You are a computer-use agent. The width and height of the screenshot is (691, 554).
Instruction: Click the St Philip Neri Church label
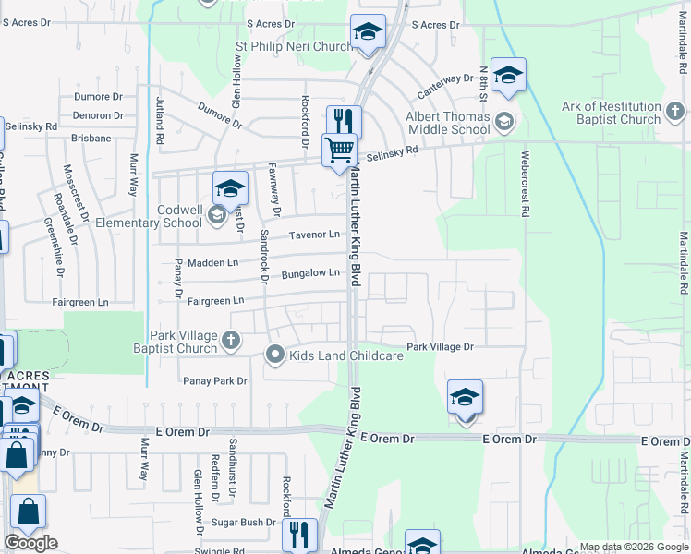click(x=288, y=46)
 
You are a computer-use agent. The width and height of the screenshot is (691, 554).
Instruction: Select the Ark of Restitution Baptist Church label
click(x=611, y=113)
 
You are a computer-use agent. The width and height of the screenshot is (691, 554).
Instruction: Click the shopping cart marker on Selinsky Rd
click(x=339, y=149)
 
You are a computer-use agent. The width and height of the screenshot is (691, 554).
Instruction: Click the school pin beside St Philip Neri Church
click(x=368, y=33)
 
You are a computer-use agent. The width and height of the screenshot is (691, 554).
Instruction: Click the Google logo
click(x=30, y=543)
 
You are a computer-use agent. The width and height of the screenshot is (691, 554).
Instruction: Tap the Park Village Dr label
click(x=441, y=346)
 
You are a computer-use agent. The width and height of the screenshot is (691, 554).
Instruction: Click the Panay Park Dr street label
click(x=215, y=380)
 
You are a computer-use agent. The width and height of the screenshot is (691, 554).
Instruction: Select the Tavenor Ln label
click(x=314, y=235)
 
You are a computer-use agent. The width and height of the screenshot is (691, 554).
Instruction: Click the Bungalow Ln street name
click(x=311, y=273)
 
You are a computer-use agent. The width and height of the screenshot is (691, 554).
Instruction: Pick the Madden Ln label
click(x=212, y=263)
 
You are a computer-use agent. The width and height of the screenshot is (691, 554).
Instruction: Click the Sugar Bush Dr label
click(x=245, y=522)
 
